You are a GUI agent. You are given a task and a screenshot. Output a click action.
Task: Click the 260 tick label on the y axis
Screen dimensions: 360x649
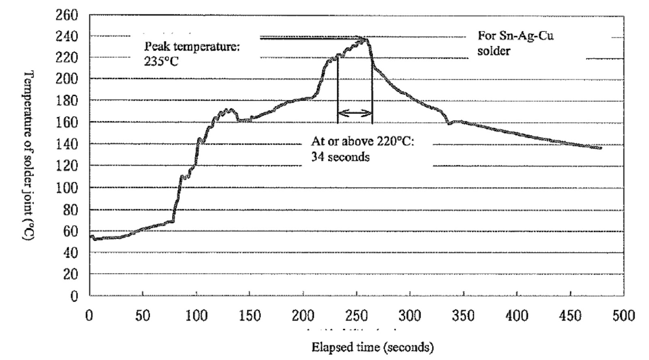67,15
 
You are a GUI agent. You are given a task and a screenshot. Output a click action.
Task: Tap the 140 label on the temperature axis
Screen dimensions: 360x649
67,144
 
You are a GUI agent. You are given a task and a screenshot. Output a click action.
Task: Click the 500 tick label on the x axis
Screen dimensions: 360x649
623,316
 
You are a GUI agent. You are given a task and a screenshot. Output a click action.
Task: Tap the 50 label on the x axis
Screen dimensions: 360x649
142,316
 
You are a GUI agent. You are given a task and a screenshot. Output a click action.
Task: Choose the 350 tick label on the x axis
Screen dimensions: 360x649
463,316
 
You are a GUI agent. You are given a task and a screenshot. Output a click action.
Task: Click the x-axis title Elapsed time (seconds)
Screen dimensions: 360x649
372,347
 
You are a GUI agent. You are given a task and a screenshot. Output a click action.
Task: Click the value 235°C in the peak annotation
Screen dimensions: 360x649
161,62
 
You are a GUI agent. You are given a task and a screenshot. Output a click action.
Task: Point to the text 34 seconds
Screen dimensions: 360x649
340,157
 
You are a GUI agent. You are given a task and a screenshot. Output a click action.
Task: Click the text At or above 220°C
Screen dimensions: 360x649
363,141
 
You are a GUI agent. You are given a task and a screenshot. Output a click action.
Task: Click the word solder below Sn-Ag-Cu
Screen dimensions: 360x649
494,51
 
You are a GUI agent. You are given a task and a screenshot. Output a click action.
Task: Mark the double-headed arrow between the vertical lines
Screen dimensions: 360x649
355,113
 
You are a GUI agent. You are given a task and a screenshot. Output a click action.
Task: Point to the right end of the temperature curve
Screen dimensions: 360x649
601,148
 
